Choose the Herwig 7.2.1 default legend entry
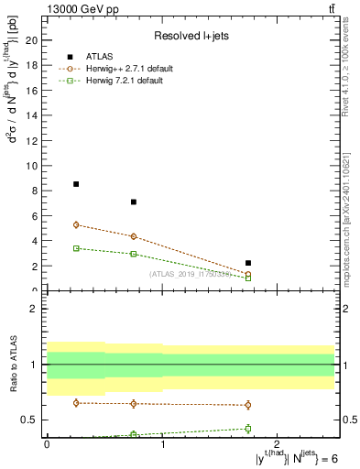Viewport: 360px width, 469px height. [125, 82]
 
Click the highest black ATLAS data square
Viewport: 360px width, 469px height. [76, 184]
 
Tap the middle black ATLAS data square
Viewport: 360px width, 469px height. [134, 202]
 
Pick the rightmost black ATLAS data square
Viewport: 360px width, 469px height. [248, 263]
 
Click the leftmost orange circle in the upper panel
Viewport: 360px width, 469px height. [76, 224]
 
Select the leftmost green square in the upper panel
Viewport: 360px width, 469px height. [76, 248]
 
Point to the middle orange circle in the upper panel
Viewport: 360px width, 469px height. [134, 236]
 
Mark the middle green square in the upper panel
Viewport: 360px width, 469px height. [134, 254]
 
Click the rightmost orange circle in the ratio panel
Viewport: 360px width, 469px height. [248, 405]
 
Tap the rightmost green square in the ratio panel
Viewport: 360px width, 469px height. [248, 428]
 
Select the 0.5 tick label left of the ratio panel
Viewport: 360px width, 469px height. [29, 420]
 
